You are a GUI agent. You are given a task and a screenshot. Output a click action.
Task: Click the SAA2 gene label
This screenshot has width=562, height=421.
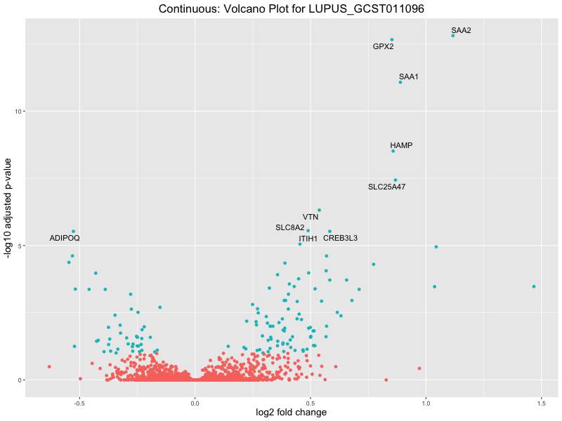tap(461, 30)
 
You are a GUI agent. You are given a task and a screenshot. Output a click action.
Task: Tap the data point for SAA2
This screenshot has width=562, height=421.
tap(453, 35)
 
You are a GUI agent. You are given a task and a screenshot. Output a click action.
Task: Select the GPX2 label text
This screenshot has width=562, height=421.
tap(383, 47)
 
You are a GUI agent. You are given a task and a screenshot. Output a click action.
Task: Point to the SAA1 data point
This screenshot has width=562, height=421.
tap(400, 82)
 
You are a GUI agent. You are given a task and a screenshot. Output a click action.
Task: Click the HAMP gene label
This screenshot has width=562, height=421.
tap(401, 145)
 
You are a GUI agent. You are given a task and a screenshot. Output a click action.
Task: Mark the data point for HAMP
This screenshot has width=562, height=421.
tap(393, 151)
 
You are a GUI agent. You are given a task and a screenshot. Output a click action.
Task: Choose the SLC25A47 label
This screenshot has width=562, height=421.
tap(386, 187)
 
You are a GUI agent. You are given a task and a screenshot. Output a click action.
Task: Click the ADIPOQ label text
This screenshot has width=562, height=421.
tap(65, 239)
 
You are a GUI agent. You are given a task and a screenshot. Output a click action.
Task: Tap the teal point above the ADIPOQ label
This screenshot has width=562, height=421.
tap(73, 232)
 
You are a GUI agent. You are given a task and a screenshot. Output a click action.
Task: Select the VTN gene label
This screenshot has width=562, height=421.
tap(311, 218)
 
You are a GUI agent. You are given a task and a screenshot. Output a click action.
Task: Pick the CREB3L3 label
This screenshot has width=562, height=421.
tap(340, 238)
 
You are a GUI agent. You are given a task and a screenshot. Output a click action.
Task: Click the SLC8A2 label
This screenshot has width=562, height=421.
tap(290, 227)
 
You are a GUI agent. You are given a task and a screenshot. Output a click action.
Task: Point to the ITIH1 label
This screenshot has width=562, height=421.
tap(308, 239)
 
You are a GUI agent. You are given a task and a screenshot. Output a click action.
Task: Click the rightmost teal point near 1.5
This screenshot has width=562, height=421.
tap(534, 286)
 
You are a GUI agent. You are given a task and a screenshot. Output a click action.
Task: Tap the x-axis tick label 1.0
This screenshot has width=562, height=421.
tap(426, 403)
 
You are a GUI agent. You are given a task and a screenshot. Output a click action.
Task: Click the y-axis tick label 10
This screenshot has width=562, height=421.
tap(20, 112)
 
